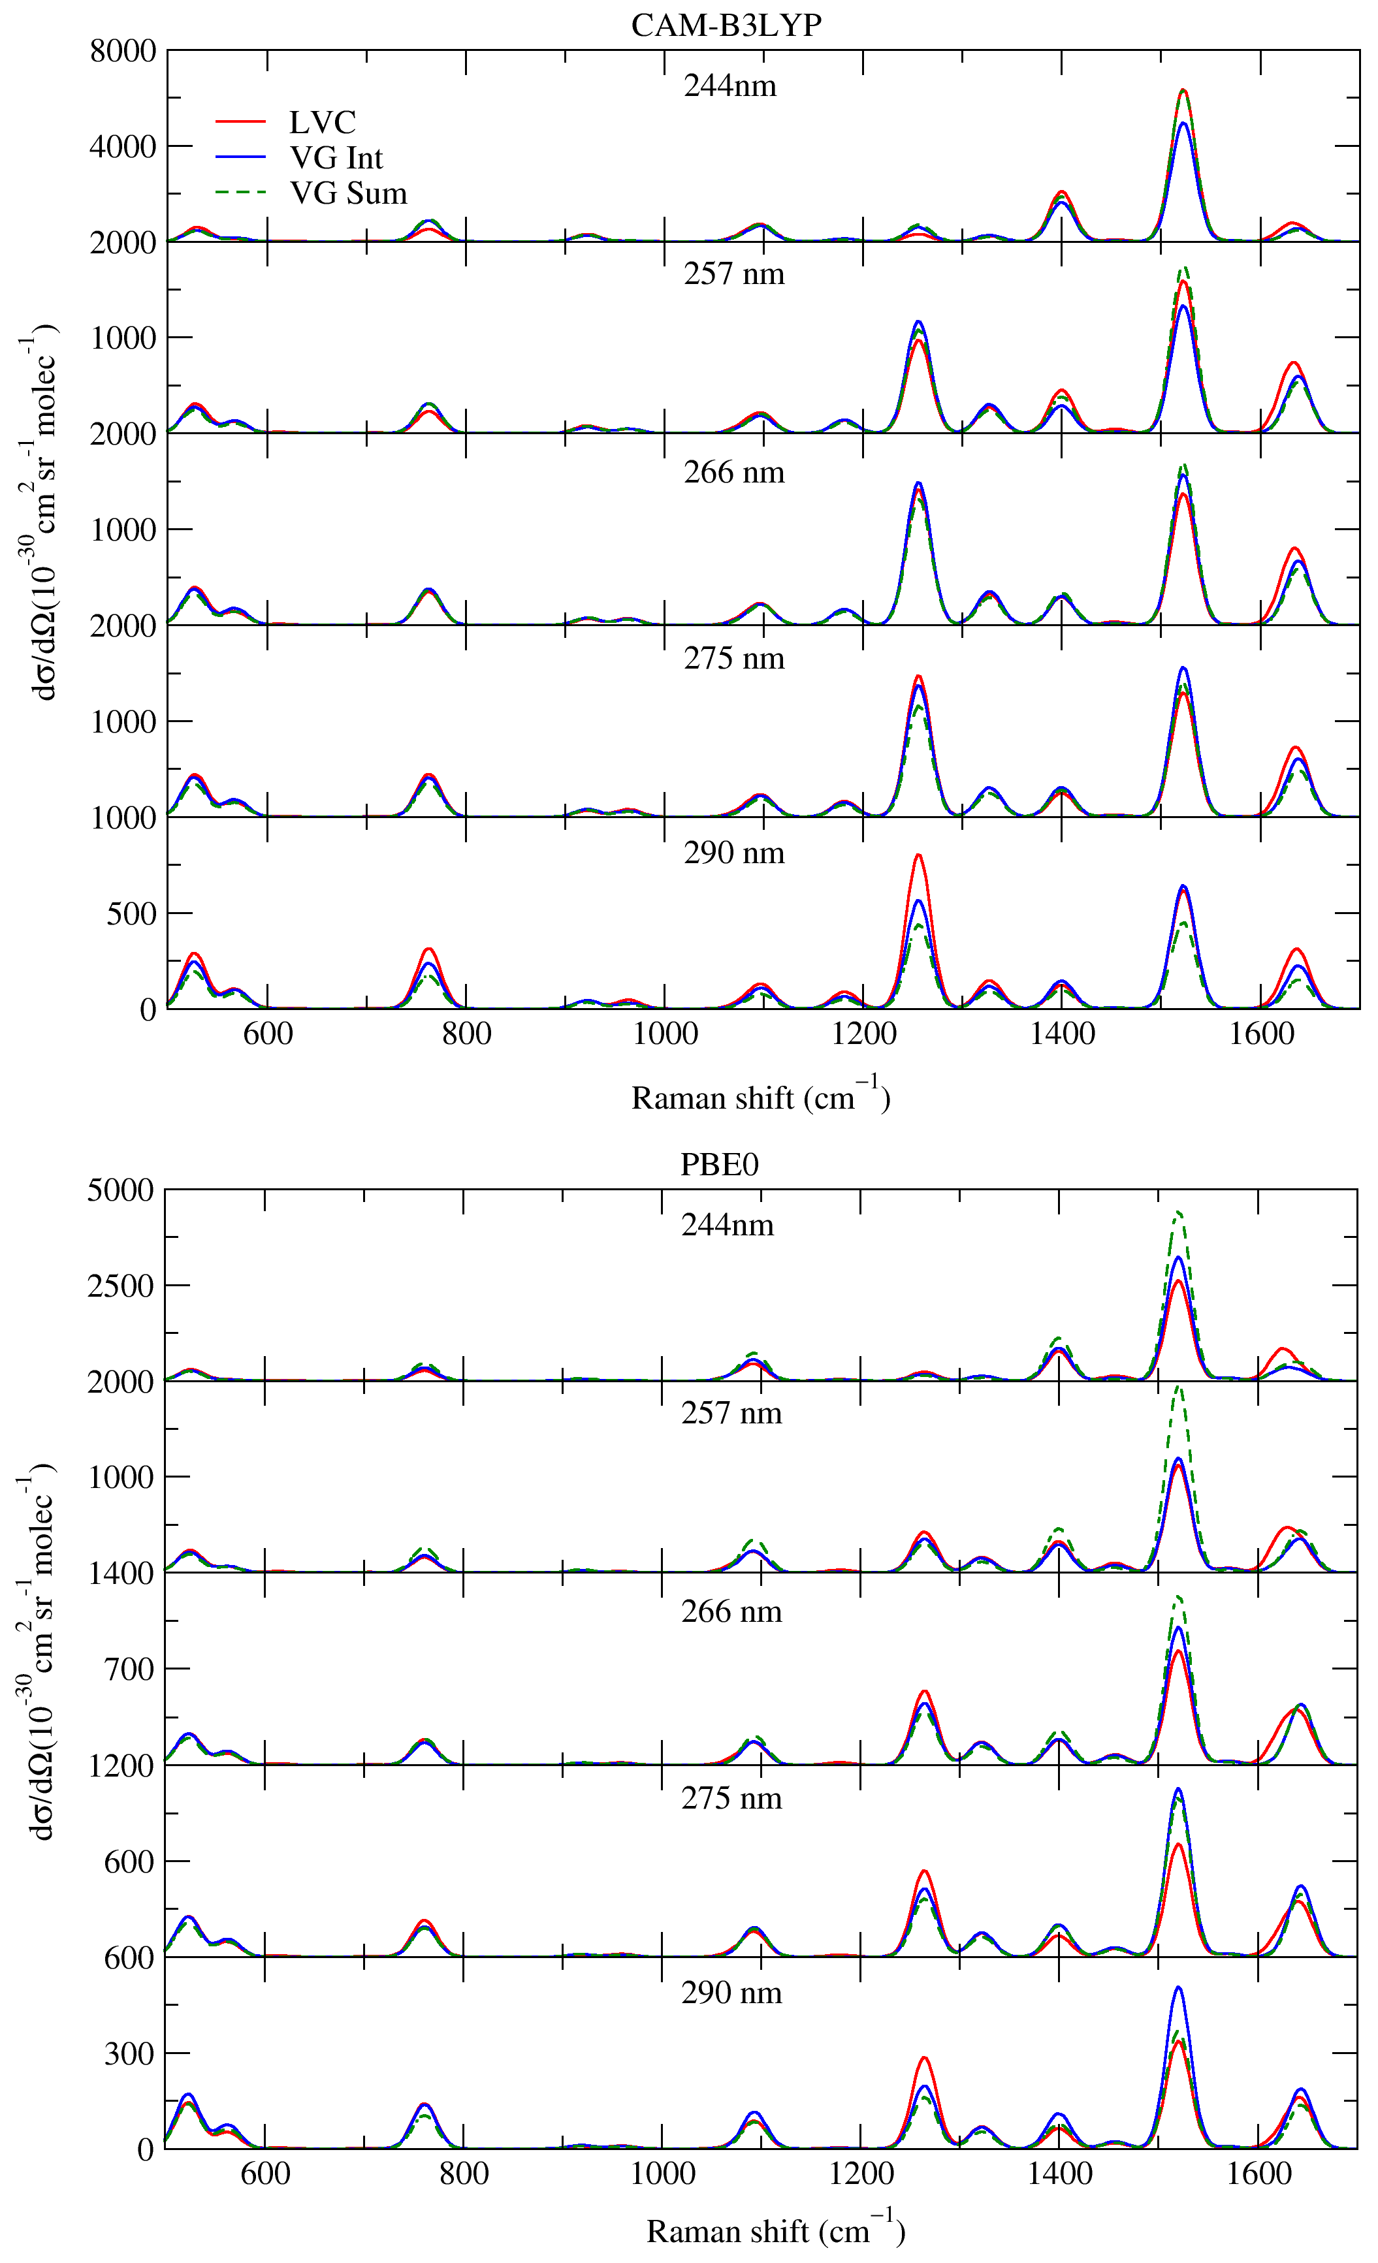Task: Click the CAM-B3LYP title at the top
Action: pos(726,25)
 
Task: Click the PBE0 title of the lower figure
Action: pos(718,1165)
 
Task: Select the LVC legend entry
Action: pos(321,122)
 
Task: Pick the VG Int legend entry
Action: pos(335,158)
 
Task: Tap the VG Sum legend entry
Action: pos(347,193)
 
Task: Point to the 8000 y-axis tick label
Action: pos(123,52)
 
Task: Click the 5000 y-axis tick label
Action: pos(120,1191)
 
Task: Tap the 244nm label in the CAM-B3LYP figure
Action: pos(729,86)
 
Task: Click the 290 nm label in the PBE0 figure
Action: pos(731,1993)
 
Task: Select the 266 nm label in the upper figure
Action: pos(734,472)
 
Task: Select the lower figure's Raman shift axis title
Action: pos(775,2230)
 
